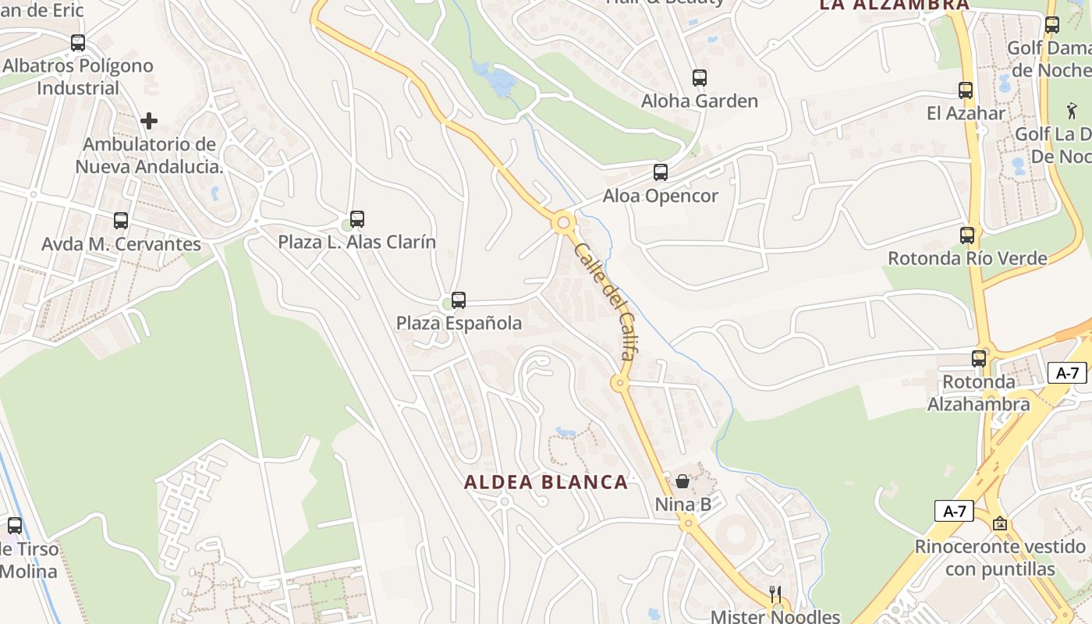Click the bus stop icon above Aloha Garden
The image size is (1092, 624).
pos(700,78)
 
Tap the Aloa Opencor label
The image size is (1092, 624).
pos(661,196)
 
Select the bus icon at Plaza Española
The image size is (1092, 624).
pos(459,300)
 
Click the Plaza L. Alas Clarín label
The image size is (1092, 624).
pos(357,242)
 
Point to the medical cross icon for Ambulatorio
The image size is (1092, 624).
pos(149,121)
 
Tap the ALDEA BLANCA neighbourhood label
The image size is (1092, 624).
pos(546,482)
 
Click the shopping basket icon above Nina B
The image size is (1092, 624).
pos(682,481)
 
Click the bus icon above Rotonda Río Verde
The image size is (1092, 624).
pos(967,235)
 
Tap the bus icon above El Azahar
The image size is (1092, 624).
pos(966,90)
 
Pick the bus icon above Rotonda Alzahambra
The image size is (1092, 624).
pos(979,359)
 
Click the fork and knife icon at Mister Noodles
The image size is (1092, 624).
pos(775,594)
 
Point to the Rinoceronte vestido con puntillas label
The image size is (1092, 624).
pos(1000,557)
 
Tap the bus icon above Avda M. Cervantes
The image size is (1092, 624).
pos(121,221)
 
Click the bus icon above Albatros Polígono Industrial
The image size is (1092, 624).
pos(78,43)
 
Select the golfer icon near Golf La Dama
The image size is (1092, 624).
pos(1071,111)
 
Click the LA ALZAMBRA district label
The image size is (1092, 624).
pos(894,5)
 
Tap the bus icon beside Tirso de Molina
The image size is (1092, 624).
pos(15,526)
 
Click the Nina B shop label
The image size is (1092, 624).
pos(683,505)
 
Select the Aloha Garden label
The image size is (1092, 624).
pos(700,101)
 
